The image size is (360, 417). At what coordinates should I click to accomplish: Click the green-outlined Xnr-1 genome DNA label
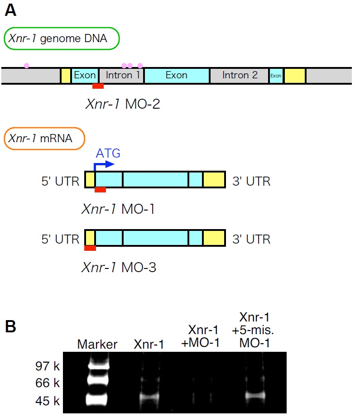pos(62,39)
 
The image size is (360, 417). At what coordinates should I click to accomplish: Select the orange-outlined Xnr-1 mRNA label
pos(44,139)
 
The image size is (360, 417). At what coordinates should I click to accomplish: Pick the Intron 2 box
pos(240,75)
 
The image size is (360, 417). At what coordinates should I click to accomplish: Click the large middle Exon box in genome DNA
pos(177,75)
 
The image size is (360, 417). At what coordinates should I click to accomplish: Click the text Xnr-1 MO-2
pos(123,105)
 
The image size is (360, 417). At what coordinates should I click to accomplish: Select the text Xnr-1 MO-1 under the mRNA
pos(119,209)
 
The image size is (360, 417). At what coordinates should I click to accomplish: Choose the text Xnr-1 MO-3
pos(119,268)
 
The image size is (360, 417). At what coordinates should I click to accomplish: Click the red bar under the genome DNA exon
pos(98,86)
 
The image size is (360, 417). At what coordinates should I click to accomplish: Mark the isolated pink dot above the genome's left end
pos(27,66)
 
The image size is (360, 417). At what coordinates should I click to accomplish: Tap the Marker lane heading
pos(97,344)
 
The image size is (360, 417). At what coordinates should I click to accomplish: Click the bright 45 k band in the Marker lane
pos(98,399)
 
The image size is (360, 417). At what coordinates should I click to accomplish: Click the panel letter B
pos(11,327)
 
